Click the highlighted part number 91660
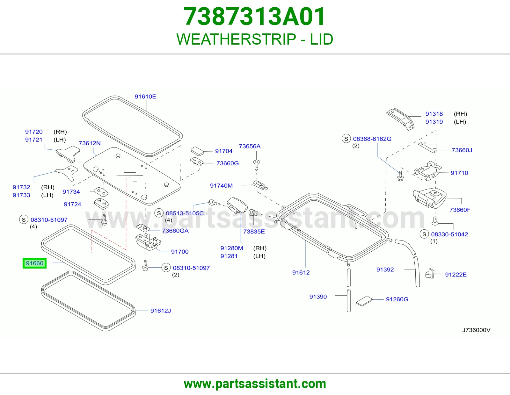click(34, 263)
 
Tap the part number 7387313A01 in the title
click(254, 17)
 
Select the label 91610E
click(145, 97)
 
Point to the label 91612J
click(161, 311)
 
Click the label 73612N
click(90, 143)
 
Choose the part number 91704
click(224, 151)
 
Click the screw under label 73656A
click(257, 165)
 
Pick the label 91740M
click(221, 185)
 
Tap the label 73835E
click(254, 232)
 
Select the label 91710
click(459, 173)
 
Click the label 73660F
click(460, 210)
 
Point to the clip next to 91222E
click(430, 274)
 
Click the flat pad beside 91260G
click(364, 301)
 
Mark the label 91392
click(385, 269)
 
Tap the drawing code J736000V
click(476, 330)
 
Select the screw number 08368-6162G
click(372, 139)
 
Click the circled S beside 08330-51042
click(424, 234)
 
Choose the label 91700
click(180, 252)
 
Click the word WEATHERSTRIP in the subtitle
click(236, 39)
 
